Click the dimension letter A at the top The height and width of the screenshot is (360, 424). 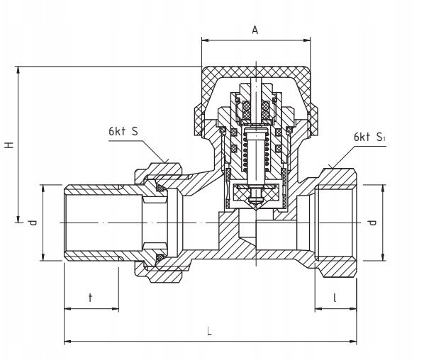tap(255, 30)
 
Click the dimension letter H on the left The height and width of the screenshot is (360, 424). tap(10, 145)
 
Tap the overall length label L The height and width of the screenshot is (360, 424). tap(209, 331)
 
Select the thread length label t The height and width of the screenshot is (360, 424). tap(91, 298)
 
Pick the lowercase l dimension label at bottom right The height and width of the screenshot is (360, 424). tap(335, 298)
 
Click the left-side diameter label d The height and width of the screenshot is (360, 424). tap(33, 223)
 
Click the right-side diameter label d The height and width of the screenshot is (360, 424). tap(373, 223)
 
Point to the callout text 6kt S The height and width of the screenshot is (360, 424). tap(123, 131)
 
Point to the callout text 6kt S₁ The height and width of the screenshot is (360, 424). tap(369, 137)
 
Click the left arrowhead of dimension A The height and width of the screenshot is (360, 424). tap(205, 40)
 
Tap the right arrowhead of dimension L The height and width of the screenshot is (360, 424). tap(353, 341)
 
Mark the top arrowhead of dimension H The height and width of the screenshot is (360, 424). tap(18, 69)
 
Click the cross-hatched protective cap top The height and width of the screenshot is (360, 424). tap(256, 72)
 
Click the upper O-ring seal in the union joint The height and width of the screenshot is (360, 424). tap(161, 188)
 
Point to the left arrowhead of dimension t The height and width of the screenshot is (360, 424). tap(68, 309)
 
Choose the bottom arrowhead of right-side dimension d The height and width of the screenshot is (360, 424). tap(383, 257)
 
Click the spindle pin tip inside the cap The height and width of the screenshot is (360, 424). tap(256, 81)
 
